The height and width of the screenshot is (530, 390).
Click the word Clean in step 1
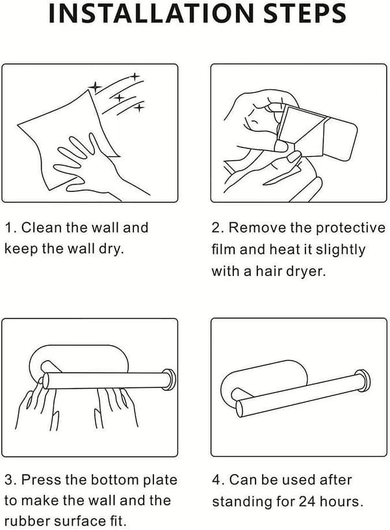click(x=42, y=227)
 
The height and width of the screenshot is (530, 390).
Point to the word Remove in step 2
click(x=257, y=227)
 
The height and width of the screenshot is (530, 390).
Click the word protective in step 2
click(x=350, y=228)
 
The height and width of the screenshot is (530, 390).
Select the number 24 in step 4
click(x=306, y=501)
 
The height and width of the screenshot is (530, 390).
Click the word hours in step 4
click(x=341, y=501)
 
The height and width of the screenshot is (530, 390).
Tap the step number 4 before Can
click(x=216, y=480)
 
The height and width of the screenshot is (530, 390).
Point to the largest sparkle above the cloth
click(x=96, y=87)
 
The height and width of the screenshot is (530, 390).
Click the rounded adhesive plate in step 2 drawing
click(x=339, y=139)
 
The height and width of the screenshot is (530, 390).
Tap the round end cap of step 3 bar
click(x=170, y=380)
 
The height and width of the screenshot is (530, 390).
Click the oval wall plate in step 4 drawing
click(x=263, y=382)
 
